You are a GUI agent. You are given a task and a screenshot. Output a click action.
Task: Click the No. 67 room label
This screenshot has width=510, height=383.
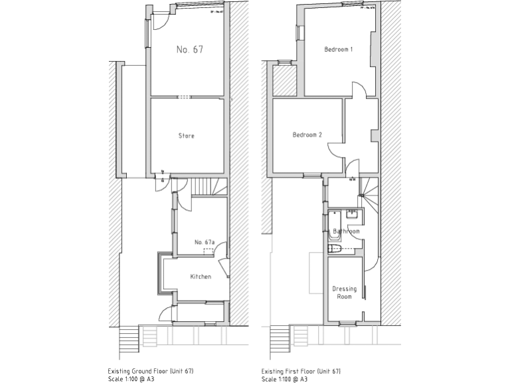tap(189, 50)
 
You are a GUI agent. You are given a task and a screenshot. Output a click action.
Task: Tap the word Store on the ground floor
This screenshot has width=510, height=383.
tap(187, 136)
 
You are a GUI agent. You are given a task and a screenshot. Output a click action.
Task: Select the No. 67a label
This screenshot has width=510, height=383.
tap(205, 242)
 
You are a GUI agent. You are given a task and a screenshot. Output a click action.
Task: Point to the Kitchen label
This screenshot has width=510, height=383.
tap(201, 276)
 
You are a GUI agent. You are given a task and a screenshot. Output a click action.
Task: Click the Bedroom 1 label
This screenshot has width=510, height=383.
tap(338, 50)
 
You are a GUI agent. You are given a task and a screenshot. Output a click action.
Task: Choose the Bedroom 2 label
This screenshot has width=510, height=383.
tap(307, 135)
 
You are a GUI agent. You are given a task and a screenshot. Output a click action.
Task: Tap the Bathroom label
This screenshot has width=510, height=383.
tap(346, 231)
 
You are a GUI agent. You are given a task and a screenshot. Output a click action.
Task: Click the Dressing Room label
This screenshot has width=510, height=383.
tap(344, 293)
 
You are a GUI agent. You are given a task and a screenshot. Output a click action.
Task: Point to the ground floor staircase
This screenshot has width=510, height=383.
tap(208, 187)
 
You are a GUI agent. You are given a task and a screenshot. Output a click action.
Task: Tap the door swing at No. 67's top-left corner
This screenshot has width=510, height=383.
tap(160, 22)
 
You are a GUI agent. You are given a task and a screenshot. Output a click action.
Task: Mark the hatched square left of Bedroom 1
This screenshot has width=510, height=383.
tap(284, 79)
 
